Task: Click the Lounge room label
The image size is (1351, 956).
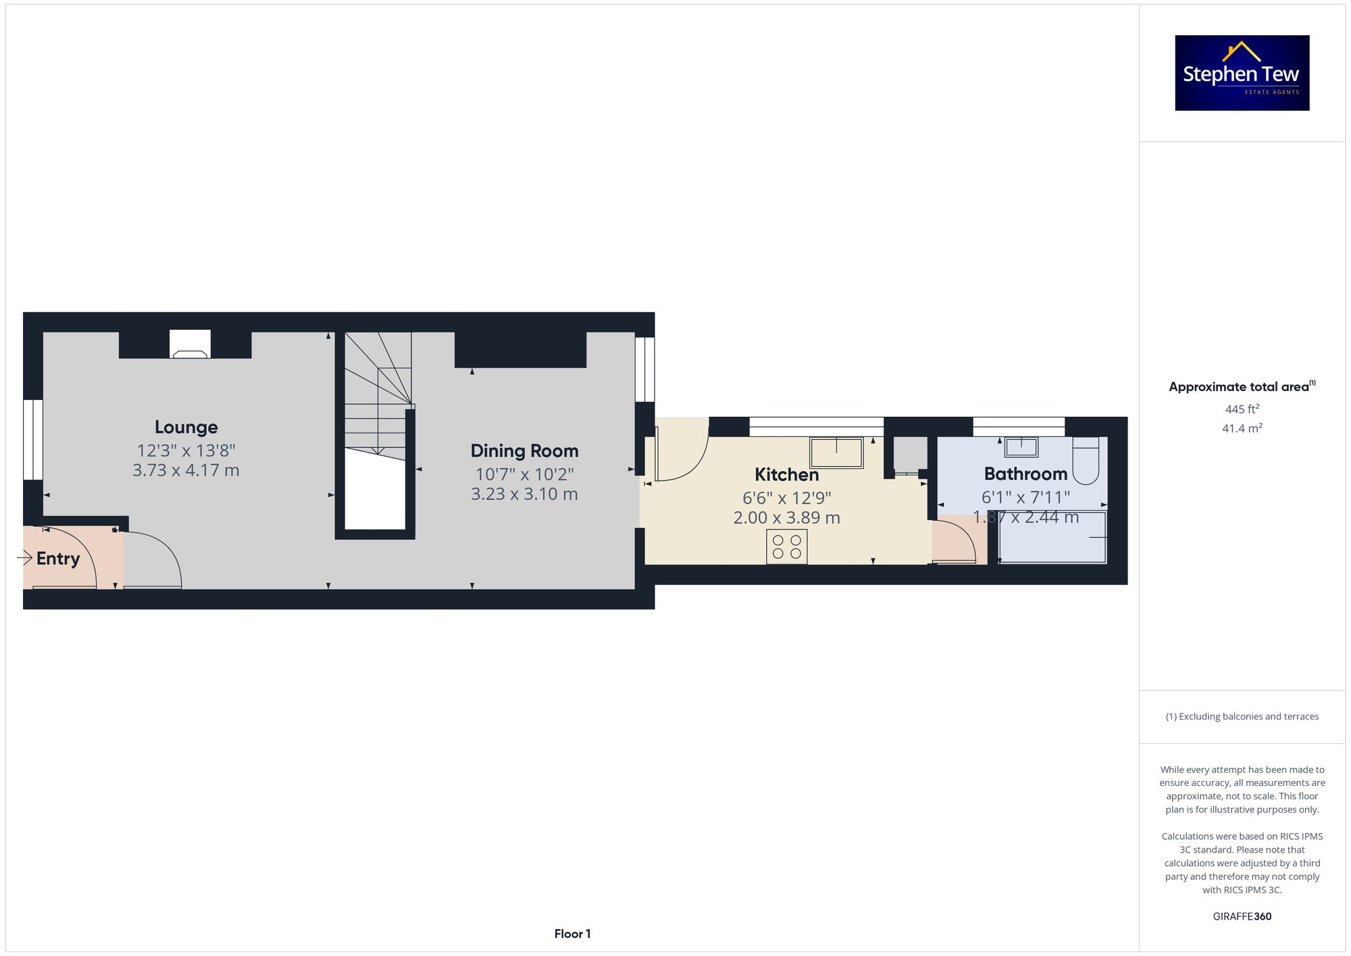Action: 186,427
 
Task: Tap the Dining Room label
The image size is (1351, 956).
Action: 524,451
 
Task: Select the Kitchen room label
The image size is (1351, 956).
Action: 786,474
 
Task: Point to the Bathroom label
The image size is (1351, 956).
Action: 1025,474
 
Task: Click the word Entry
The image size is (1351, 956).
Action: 58,559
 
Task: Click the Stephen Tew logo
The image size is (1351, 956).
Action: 1242,73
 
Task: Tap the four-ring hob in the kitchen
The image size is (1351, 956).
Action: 786,547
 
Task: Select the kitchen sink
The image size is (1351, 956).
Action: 836,453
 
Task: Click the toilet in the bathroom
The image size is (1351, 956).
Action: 1086,460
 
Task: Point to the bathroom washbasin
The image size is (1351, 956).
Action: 1021,447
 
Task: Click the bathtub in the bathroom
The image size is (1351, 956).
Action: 1052,537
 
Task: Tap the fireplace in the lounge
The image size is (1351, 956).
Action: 190,345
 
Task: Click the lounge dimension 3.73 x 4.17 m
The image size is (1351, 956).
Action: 186,470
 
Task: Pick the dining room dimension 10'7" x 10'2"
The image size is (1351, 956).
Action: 524,474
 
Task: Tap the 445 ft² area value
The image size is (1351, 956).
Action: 1242,409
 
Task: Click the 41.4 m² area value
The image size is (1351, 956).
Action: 1242,428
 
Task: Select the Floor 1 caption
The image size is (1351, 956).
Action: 572,934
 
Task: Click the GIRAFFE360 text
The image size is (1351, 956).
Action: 1242,916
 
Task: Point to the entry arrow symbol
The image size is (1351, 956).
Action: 25,557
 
